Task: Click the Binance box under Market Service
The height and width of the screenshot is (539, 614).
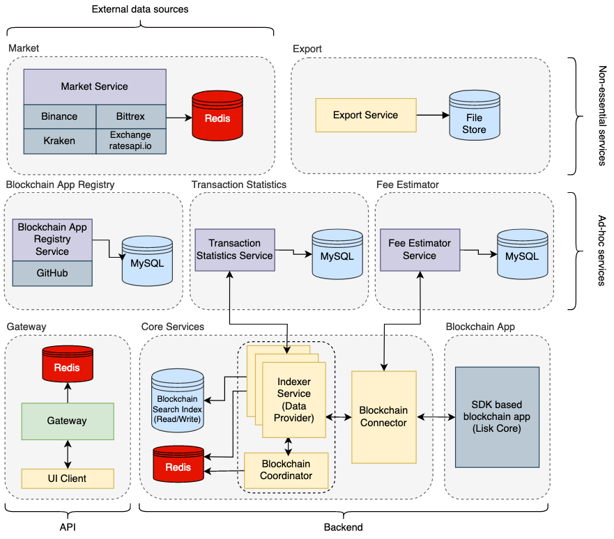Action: (x=59, y=116)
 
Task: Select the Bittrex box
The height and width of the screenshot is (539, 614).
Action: (x=130, y=116)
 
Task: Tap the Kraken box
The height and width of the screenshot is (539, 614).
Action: (x=59, y=141)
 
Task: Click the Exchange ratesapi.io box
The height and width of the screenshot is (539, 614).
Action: (x=130, y=141)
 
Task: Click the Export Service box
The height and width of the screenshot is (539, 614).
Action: (x=365, y=115)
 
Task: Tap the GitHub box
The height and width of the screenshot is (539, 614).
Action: (x=52, y=273)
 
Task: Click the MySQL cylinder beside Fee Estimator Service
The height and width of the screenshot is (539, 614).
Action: (x=521, y=256)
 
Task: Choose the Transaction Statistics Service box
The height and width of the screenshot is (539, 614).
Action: (x=234, y=249)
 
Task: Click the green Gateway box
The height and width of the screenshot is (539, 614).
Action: (x=67, y=421)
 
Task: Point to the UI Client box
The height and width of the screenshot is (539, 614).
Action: (x=67, y=478)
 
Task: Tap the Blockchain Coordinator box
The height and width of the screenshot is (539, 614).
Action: (x=286, y=469)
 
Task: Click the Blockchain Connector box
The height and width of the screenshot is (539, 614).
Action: (x=383, y=416)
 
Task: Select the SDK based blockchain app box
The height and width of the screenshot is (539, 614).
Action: (x=497, y=416)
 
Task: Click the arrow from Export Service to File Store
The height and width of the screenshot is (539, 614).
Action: (x=432, y=116)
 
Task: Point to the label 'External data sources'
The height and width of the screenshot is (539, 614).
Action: (x=140, y=9)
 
